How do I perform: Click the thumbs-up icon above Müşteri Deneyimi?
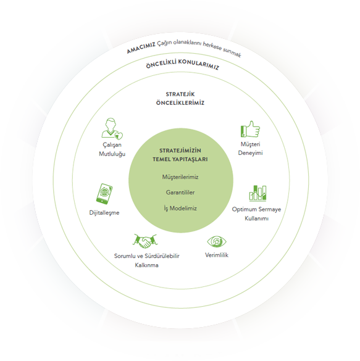coord(250,129)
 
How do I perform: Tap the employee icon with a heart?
coord(112,129)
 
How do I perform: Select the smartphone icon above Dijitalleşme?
coord(104,194)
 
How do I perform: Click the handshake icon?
coord(145,241)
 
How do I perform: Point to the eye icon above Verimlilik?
coord(217,242)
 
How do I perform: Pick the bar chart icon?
coord(257,193)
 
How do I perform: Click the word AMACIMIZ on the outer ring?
coord(141,48)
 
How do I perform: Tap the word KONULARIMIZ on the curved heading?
coord(199,64)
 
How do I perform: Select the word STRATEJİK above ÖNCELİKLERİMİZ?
coord(180,94)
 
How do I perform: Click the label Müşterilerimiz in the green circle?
coord(180,177)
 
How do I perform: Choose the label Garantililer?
coord(180,193)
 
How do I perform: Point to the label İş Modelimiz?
coord(180,209)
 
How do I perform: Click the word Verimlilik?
coord(217,255)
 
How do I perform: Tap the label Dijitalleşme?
coord(104,213)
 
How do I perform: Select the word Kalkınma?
coord(146,265)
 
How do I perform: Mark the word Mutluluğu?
coord(112,154)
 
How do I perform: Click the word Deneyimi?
coord(250,153)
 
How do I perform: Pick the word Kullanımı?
coord(256,218)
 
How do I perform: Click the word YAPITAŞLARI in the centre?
coord(190,159)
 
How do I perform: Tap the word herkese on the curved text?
coord(212,46)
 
